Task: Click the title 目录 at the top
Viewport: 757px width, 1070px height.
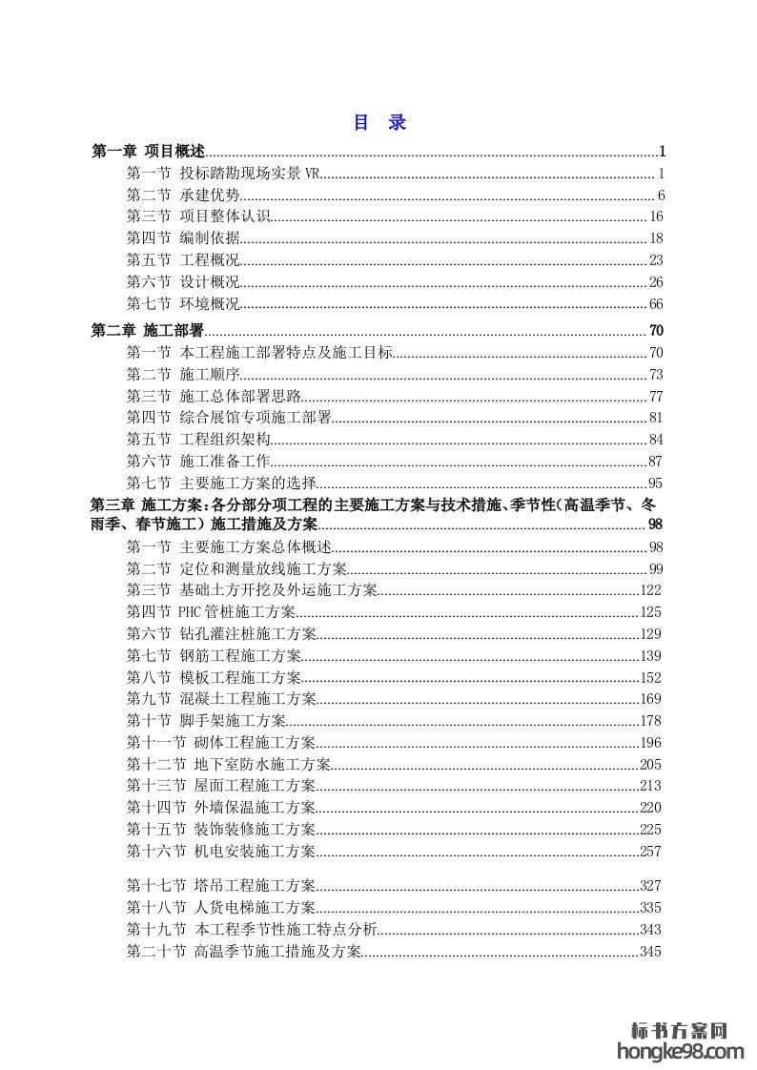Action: click(379, 123)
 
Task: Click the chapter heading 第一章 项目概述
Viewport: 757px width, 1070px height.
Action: click(148, 152)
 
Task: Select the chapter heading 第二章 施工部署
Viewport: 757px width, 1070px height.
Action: click(148, 331)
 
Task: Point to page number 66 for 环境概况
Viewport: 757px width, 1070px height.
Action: click(655, 304)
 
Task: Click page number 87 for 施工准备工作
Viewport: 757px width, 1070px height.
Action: click(655, 461)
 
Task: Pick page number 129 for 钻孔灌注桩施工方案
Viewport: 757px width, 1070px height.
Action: click(650, 634)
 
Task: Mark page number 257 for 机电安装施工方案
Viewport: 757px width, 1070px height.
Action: click(650, 852)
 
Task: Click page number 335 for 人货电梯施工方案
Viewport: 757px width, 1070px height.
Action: click(650, 908)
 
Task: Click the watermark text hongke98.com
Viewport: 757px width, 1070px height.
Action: click(681, 1052)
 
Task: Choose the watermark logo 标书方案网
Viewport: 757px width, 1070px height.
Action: click(681, 1031)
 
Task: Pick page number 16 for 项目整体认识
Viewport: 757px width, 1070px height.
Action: click(655, 216)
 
